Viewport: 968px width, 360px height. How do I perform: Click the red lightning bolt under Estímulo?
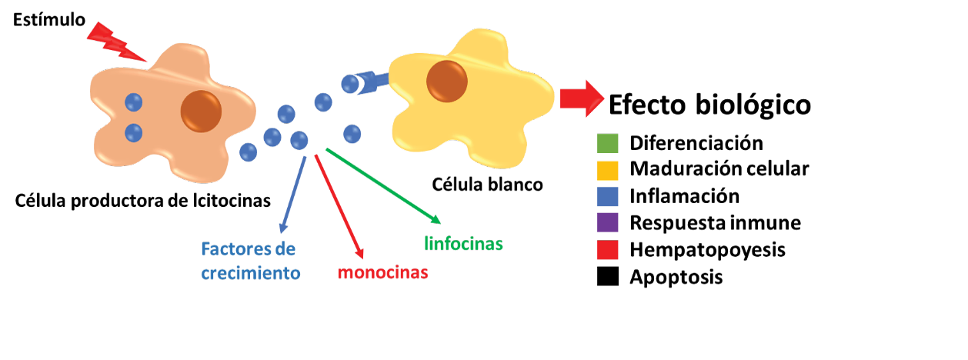pos(115,42)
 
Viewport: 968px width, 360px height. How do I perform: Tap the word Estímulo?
pos(49,19)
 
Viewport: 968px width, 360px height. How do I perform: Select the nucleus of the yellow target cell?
pos(447,79)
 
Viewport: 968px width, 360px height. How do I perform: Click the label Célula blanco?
pos(487,185)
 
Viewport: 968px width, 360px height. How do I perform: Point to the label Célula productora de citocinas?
pos(143,202)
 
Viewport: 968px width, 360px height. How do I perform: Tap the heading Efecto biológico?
pos(709,105)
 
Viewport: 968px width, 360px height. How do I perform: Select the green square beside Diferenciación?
pos(608,144)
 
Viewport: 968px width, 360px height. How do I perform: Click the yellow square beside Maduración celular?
pos(608,168)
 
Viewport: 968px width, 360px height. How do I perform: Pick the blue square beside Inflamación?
pos(608,196)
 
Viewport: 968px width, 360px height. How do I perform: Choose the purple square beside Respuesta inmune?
pos(608,223)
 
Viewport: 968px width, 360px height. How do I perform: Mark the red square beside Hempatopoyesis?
pos(608,250)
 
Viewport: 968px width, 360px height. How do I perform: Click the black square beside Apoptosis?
pos(608,277)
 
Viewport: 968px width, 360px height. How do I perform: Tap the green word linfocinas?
pos(463,245)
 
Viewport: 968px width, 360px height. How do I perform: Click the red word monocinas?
pos(383,272)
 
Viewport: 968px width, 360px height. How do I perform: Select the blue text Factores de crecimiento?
pos(249,262)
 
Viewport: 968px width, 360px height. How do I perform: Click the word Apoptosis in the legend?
pos(676,277)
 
